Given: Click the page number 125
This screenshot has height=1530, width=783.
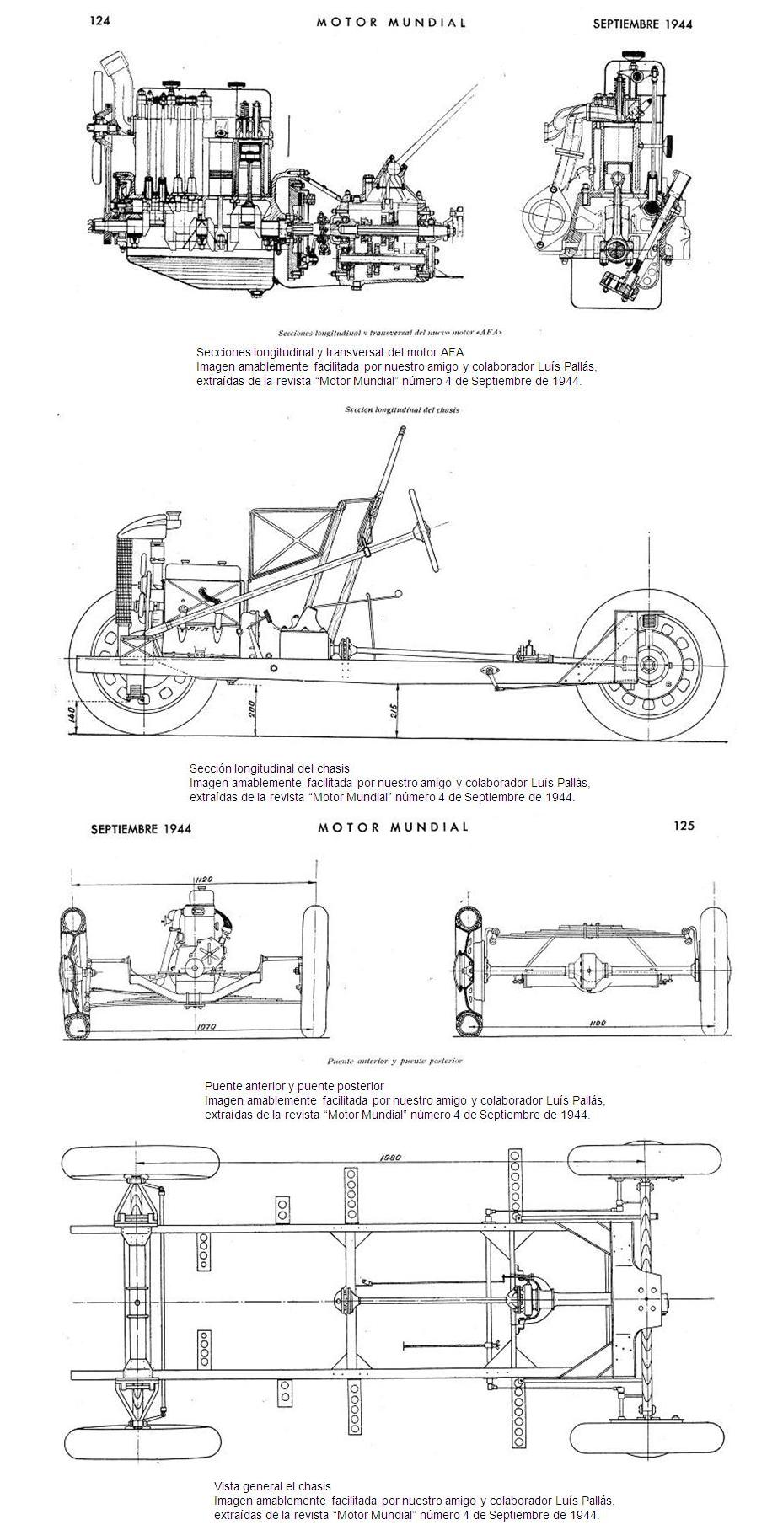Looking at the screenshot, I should (x=684, y=826).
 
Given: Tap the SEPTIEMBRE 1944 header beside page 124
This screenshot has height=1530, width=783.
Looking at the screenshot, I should (x=642, y=24).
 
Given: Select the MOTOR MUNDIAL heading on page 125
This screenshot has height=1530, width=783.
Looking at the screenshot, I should (x=392, y=827).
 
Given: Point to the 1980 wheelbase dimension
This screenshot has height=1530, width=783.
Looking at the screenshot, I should (x=389, y=1157).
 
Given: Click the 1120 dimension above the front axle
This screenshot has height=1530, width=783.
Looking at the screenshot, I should (x=202, y=880).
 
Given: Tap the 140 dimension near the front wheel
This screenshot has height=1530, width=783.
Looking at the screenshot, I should (x=72, y=714).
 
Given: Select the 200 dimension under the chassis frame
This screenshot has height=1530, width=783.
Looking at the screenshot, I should (x=250, y=709).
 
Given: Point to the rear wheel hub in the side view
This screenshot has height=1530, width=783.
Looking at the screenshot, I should (x=650, y=666).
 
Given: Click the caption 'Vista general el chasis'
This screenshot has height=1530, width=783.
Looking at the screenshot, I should (x=272, y=1486).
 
